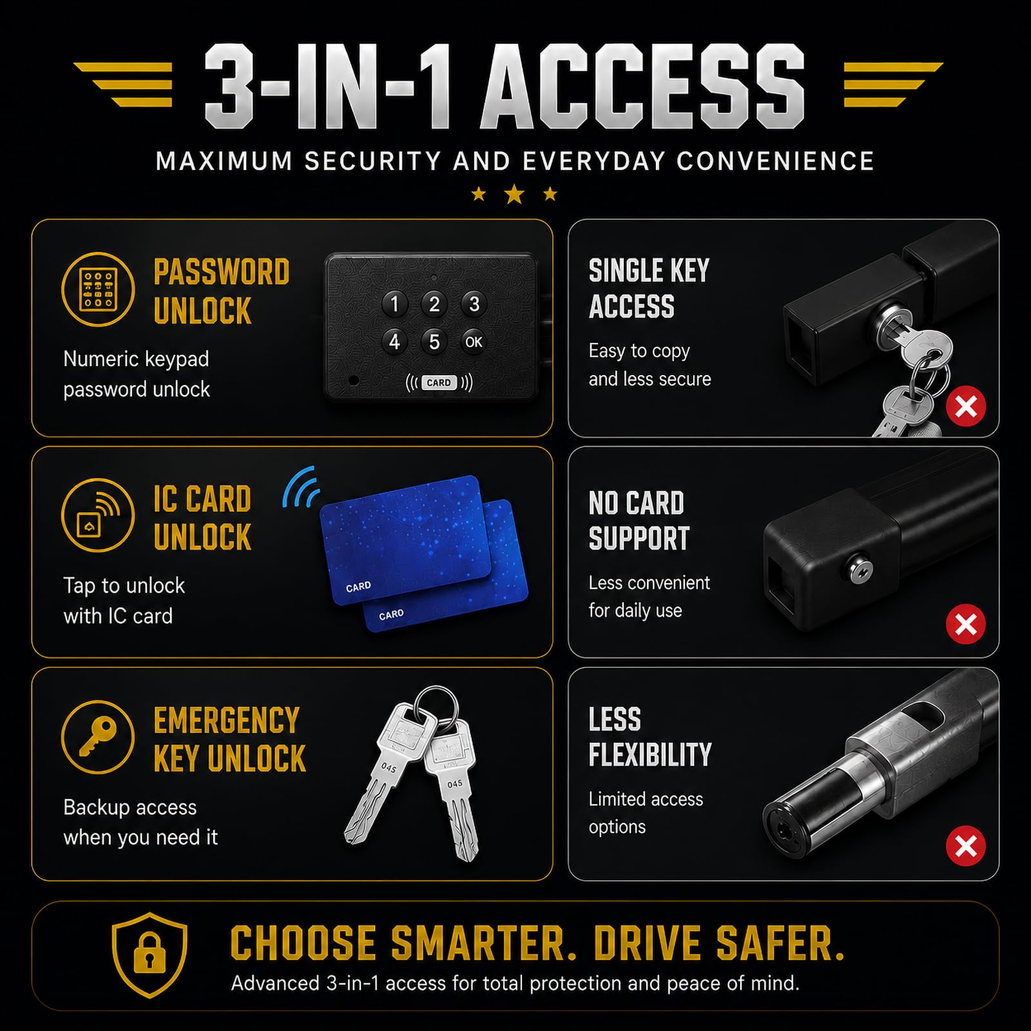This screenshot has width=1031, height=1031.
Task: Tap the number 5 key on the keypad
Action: (x=434, y=342)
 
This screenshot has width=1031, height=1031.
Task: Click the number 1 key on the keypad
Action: (x=394, y=304)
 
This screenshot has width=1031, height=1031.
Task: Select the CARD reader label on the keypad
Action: (x=439, y=383)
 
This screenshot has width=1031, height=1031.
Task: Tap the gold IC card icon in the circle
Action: (x=98, y=515)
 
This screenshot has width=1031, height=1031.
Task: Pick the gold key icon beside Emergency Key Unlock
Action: (x=98, y=737)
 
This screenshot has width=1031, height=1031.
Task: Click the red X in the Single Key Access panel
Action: (x=966, y=407)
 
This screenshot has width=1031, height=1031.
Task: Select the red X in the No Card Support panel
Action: (x=966, y=624)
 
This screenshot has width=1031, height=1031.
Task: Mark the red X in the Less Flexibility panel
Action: (x=966, y=846)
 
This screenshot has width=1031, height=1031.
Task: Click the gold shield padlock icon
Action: (x=149, y=955)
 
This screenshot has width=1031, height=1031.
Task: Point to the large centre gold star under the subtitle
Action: (x=514, y=193)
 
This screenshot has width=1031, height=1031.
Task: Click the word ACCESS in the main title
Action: (x=643, y=87)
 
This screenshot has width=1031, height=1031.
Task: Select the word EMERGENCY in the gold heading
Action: (x=227, y=720)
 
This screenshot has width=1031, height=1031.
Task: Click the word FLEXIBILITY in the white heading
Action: (x=650, y=755)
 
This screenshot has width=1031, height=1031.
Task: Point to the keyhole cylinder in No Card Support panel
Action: (x=860, y=570)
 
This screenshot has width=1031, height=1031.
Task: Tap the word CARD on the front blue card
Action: (x=358, y=586)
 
